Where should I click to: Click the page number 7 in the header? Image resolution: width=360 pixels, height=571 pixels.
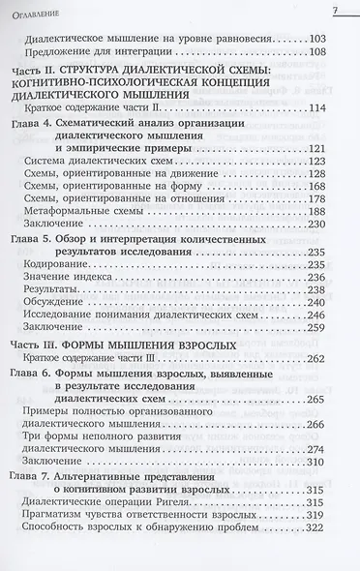[332, 11]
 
